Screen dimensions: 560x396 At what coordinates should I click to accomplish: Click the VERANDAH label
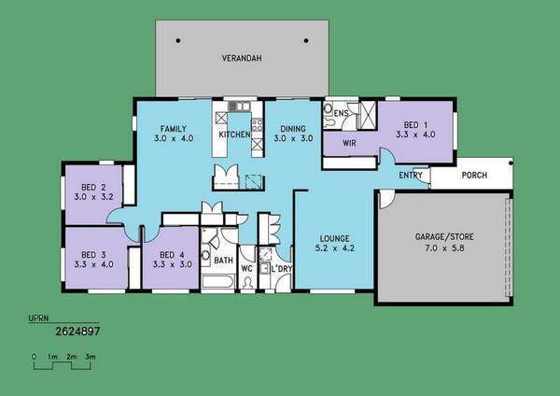coord(242,58)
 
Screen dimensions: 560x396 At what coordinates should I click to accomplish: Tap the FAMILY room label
coord(174,129)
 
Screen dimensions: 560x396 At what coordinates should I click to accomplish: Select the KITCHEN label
coord(234,134)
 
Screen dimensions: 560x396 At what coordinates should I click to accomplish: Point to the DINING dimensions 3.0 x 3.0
coord(293,138)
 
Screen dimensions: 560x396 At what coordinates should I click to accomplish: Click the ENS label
coord(341,113)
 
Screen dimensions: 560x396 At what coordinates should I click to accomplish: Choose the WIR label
coord(349,143)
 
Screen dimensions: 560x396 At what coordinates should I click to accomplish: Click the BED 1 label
coord(415,125)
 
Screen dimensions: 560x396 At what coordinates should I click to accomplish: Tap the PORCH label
coord(474,176)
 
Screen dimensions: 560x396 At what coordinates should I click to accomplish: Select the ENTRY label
coord(411,176)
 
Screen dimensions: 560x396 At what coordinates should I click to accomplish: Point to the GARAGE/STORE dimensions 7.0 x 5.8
coord(444,248)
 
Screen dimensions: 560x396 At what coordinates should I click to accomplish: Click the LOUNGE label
coord(335,238)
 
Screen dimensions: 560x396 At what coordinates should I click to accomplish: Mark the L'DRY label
coord(282,269)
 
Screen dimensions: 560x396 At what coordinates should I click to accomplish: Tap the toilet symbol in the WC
coord(247,283)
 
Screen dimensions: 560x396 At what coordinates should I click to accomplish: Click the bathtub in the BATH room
coord(218,281)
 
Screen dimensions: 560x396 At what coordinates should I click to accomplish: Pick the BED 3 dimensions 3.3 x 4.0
coord(94,264)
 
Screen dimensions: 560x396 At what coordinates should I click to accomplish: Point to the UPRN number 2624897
coord(77,332)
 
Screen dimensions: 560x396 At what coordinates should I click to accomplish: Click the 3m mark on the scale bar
coord(91,357)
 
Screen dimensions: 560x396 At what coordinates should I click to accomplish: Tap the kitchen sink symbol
coord(239,106)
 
